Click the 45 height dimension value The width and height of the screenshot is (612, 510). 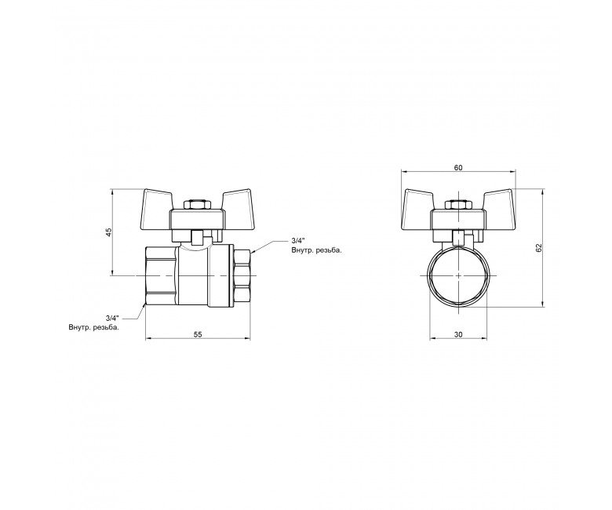tap(110, 231)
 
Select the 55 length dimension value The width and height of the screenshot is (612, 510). tap(198, 334)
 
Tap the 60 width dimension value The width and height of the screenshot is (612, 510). tap(458, 168)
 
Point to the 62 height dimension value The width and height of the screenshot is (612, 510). tap(539, 247)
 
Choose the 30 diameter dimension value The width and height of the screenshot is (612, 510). tap(458, 334)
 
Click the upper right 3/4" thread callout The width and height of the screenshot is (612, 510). tap(297, 240)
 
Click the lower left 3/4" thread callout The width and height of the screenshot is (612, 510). tap(112, 318)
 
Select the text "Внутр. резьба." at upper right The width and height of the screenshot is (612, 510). tap(316, 250)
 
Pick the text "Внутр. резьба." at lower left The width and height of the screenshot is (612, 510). tap(93, 327)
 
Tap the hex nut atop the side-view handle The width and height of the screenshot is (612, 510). tap(197, 206)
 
